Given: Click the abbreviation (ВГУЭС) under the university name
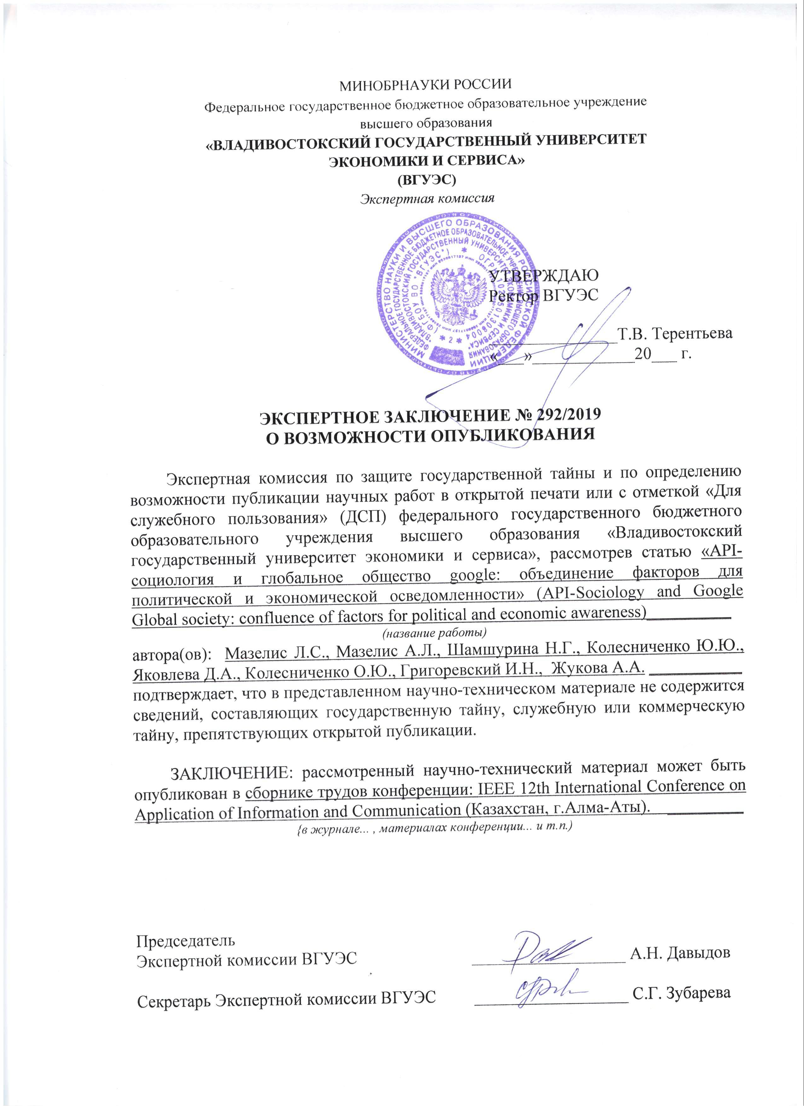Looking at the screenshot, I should coord(426,179).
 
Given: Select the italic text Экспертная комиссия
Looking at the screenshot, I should coord(427,198).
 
